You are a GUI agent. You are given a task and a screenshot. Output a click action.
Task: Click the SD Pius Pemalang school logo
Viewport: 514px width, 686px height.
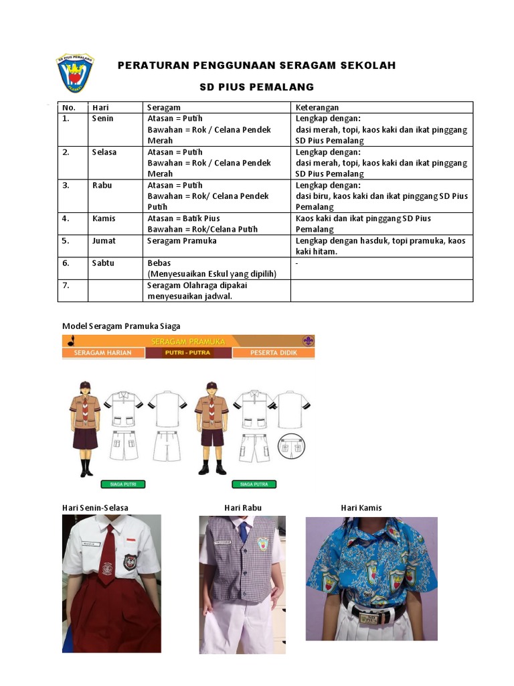coord(74,73)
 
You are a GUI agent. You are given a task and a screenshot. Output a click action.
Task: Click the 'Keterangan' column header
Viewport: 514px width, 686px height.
coord(317,107)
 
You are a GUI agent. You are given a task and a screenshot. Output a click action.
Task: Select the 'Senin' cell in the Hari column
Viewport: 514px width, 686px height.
coord(103,119)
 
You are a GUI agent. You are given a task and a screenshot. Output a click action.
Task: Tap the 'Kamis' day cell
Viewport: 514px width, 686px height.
coord(104,218)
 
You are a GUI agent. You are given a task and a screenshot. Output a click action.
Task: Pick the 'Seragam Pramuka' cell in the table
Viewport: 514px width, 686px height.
coord(182,241)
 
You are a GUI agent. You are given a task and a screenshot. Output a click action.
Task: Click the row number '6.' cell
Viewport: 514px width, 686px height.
coord(66,263)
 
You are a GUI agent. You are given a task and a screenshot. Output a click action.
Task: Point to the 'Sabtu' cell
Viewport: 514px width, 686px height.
coord(104,263)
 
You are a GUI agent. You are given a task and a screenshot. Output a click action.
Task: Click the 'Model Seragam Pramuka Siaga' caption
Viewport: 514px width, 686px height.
coord(121,326)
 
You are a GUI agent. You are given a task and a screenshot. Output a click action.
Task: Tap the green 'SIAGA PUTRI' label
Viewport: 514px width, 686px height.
coord(123,484)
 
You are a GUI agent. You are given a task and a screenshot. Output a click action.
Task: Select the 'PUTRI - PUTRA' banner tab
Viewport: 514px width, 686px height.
coord(188,352)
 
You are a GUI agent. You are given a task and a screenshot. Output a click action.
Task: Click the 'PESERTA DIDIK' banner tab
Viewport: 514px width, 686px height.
coord(273,352)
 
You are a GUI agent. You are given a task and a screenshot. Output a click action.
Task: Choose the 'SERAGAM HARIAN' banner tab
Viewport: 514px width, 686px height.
coord(103,352)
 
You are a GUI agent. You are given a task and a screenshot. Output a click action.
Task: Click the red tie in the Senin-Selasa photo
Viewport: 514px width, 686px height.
coord(107,563)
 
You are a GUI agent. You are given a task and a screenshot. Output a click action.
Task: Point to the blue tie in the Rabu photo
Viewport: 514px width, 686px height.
coord(244,532)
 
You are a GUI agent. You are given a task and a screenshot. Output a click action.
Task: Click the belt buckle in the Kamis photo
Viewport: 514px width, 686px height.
coord(369,618)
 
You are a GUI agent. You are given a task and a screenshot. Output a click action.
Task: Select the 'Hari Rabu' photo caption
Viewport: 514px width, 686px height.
coord(243,508)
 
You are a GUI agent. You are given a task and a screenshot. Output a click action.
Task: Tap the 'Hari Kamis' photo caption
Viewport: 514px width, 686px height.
coord(361,508)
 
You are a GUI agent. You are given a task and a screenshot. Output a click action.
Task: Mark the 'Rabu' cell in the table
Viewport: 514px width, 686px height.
coord(102,186)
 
